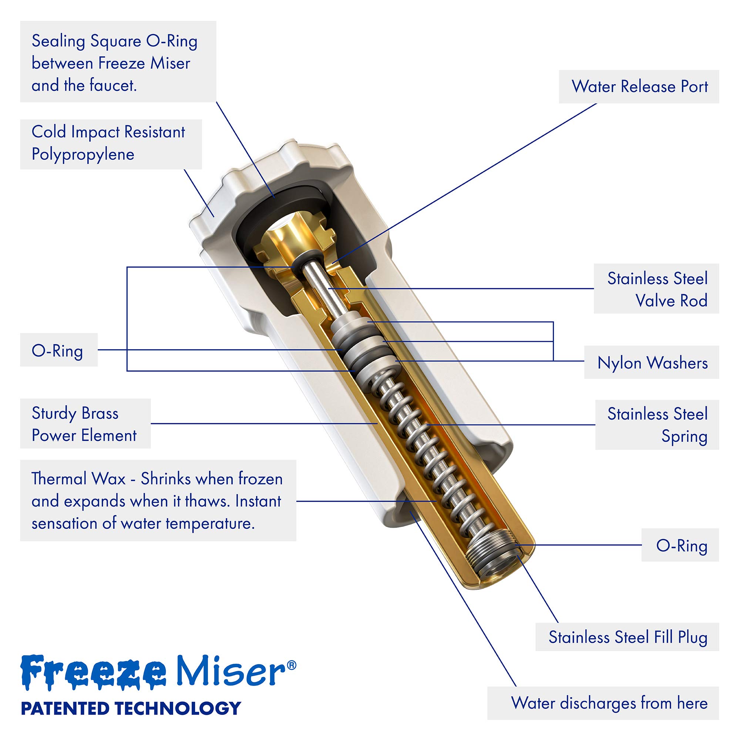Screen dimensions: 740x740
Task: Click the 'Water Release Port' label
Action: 639,87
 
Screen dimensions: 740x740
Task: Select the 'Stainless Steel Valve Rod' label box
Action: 656,289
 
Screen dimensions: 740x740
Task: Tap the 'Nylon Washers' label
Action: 652,363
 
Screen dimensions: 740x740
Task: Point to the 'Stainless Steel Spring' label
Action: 657,425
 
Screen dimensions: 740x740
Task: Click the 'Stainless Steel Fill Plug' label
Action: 628,637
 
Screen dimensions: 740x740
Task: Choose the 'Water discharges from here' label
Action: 609,703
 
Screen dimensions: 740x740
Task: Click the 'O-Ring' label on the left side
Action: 57,350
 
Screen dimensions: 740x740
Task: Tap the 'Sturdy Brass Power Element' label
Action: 84,424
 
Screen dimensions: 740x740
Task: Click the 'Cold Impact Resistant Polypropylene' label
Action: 108,143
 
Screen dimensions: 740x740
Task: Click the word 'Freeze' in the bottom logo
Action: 94,673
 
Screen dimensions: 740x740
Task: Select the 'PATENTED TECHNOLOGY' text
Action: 131,708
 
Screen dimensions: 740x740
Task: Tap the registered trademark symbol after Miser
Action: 292,665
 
